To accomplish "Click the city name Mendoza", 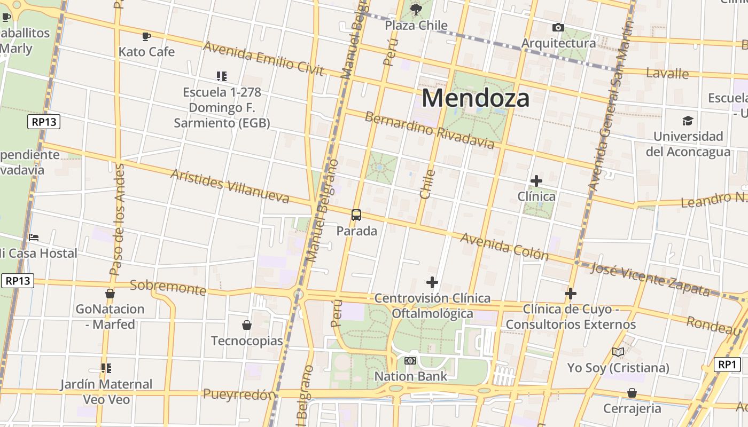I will click(x=476, y=98).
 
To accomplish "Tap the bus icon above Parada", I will click(x=356, y=215).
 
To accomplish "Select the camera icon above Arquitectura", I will click(x=558, y=27).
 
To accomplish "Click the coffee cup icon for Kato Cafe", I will click(x=146, y=36).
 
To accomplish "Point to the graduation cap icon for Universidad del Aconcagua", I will click(x=688, y=121).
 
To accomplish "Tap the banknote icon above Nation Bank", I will click(x=410, y=361).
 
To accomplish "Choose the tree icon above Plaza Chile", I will click(x=416, y=9).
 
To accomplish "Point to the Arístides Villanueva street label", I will click(x=230, y=186).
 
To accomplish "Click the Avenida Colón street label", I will click(x=504, y=247).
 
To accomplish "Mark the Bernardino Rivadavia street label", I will click(x=430, y=130).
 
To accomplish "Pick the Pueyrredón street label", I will click(x=239, y=395).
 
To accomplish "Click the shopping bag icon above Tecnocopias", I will click(x=247, y=325).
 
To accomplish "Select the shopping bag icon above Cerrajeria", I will click(x=632, y=393).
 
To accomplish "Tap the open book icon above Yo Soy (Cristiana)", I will click(x=618, y=352).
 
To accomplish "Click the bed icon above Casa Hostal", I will click(x=34, y=237).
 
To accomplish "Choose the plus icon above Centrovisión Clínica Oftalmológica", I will click(x=432, y=282).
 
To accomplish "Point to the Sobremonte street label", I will click(x=168, y=287).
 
